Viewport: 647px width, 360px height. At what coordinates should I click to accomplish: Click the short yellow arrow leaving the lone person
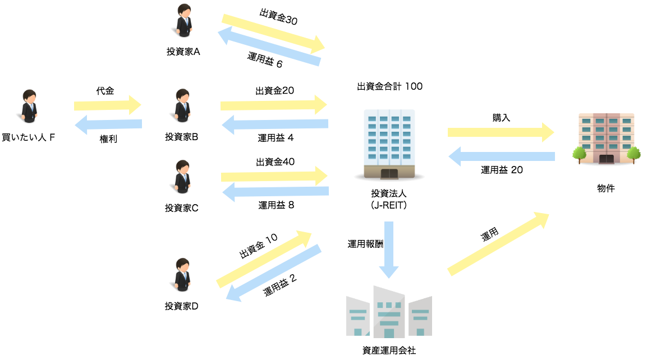pos(107,105)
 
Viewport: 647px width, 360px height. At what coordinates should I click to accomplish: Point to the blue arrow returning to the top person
pos(269,49)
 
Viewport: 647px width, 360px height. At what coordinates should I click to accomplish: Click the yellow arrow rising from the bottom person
pos(264,259)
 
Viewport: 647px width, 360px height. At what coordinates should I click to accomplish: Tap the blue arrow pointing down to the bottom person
pos(274,273)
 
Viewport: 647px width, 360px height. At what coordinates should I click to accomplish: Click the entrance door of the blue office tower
pos(389,173)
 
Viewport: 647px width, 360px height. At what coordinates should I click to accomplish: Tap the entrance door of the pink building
pos(606,159)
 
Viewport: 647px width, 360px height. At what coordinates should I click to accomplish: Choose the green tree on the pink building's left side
pos(580,153)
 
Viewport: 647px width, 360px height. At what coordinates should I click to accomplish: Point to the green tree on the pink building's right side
pos(634,153)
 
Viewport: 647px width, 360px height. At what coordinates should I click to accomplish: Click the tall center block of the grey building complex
pos(389,313)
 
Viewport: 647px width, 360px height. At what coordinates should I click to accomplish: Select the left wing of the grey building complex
pos(358,317)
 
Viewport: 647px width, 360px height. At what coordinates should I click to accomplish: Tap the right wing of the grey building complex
pos(420,317)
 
